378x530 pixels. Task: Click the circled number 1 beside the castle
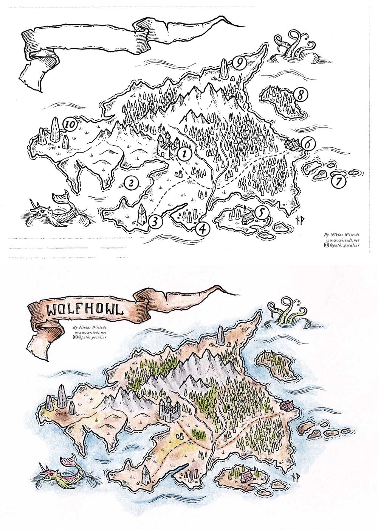(184, 154)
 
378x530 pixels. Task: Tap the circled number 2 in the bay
(130, 183)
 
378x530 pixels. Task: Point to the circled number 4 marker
(203, 228)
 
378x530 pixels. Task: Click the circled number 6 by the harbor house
(308, 144)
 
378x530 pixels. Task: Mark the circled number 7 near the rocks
(339, 182)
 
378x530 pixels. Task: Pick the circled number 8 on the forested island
(300, 95)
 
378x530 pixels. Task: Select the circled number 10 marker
(70, 124)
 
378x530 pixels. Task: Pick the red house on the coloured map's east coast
(286, 406)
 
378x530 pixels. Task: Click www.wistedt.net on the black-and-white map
(341, 240)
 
